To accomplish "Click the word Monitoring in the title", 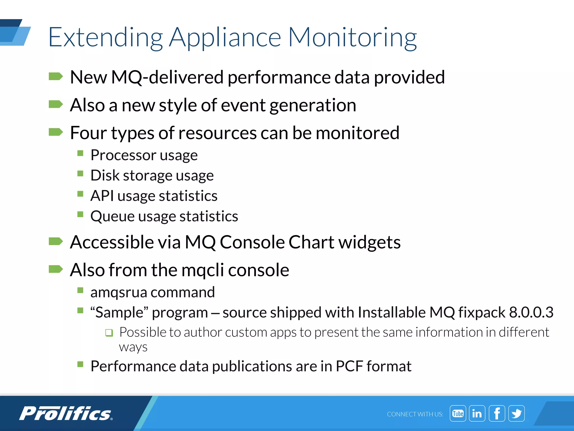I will [x=352, y=37].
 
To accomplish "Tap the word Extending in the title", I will [x=105, y=37].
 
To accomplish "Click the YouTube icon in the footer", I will [x=458, y=413].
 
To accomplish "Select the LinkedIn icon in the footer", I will [x=477, y=413].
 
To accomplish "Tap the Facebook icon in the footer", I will [x=497, y=413].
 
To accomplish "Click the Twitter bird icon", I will [x=517, y=413].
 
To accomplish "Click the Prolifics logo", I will [x=66, y=413].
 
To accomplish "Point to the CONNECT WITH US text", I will [x=415, y=414].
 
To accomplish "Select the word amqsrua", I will [x=119, y=292].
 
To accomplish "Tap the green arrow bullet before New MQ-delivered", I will [x=55, y=76].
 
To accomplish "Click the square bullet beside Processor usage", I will [x=80, y=153].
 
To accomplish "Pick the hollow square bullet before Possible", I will [x=109, y=333].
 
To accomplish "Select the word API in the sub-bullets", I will [x=102, y=196].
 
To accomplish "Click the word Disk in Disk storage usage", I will [x=105, y=175].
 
